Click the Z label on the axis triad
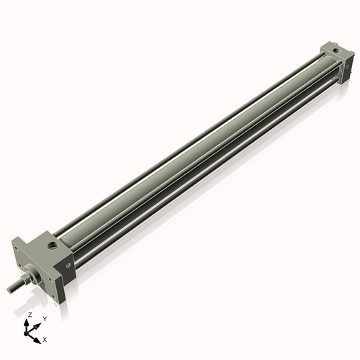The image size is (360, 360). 30,315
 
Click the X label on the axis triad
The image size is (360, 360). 45,338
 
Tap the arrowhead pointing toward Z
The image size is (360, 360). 29,322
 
